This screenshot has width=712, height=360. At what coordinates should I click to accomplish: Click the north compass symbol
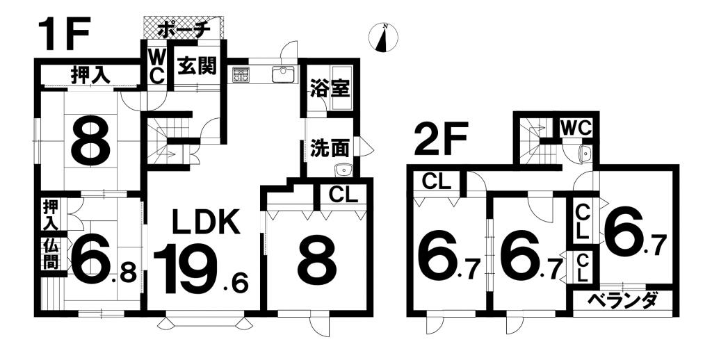384,38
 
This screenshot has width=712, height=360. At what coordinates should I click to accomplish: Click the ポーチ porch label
184,31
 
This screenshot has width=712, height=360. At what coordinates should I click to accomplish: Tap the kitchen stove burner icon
241,74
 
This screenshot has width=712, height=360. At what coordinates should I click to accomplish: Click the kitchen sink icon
284,74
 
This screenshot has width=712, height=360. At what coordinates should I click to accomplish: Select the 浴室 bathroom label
330,88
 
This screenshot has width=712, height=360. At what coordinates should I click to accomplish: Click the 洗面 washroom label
330,149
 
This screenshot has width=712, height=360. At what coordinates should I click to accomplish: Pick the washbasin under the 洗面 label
343,170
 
